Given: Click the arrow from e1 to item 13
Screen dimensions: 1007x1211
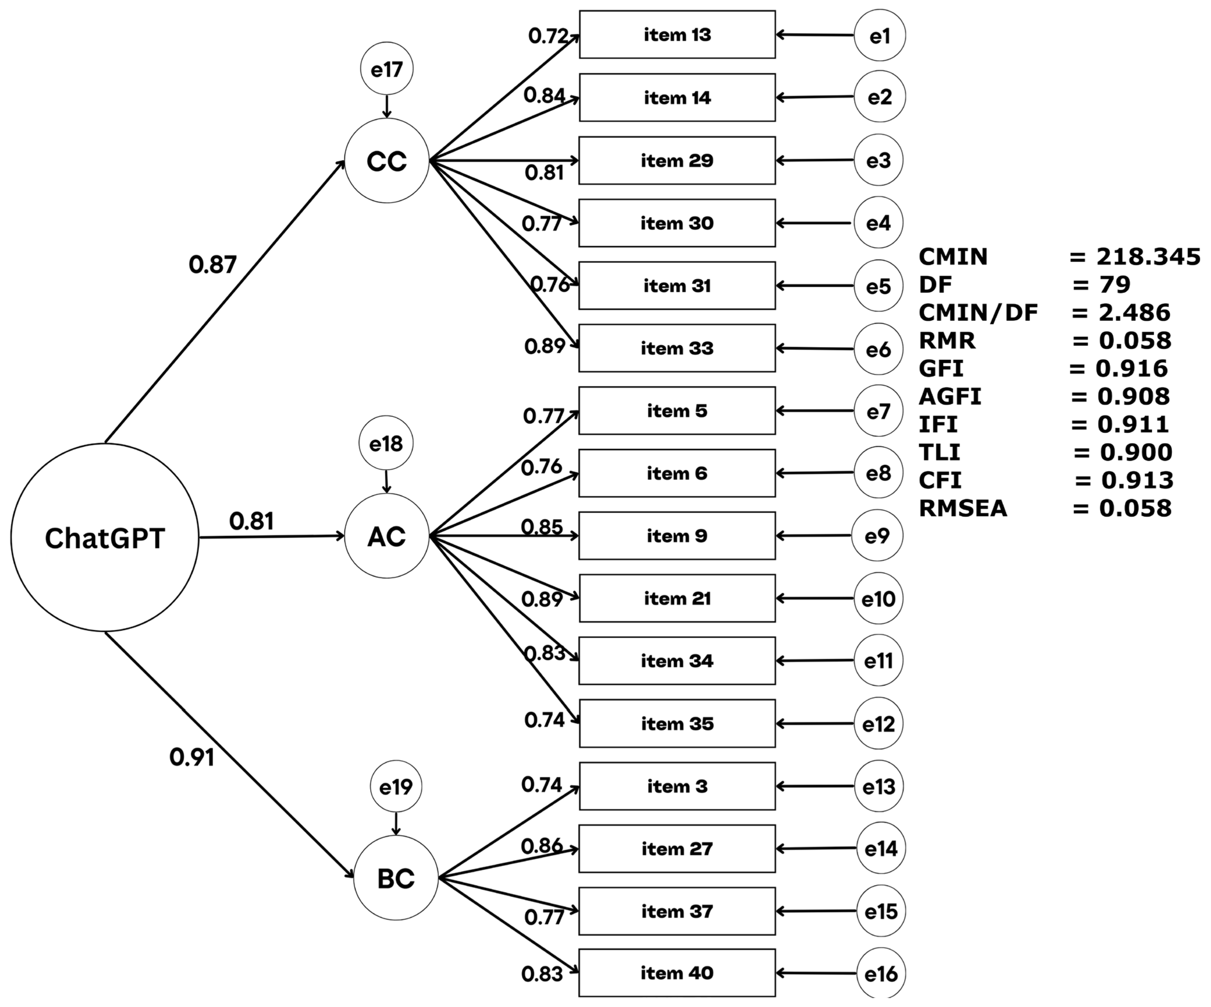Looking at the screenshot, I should [814, 35].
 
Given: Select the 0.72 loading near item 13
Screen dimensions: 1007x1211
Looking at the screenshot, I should [548, 36].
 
